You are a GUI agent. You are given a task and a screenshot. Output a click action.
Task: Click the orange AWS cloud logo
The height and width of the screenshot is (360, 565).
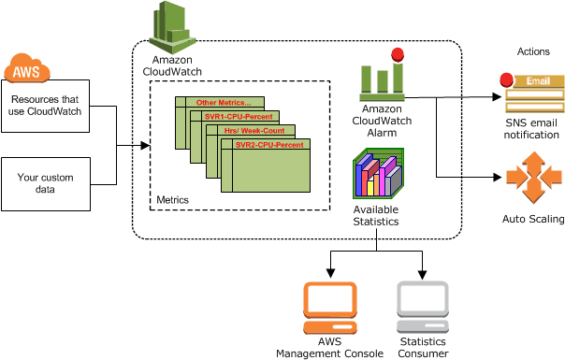[27, 69]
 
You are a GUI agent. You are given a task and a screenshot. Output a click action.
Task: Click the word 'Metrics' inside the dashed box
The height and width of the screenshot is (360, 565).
[171, 200]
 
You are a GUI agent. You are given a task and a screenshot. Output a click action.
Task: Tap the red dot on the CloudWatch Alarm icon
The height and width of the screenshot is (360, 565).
[398, 53]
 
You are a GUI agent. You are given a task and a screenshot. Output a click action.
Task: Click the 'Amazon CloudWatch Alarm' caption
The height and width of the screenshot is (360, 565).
[382, 121]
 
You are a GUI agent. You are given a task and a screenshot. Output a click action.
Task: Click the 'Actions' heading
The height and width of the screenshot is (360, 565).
[533, 50]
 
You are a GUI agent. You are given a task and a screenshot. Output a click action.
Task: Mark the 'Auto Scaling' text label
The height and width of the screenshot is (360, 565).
[533, 220]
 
